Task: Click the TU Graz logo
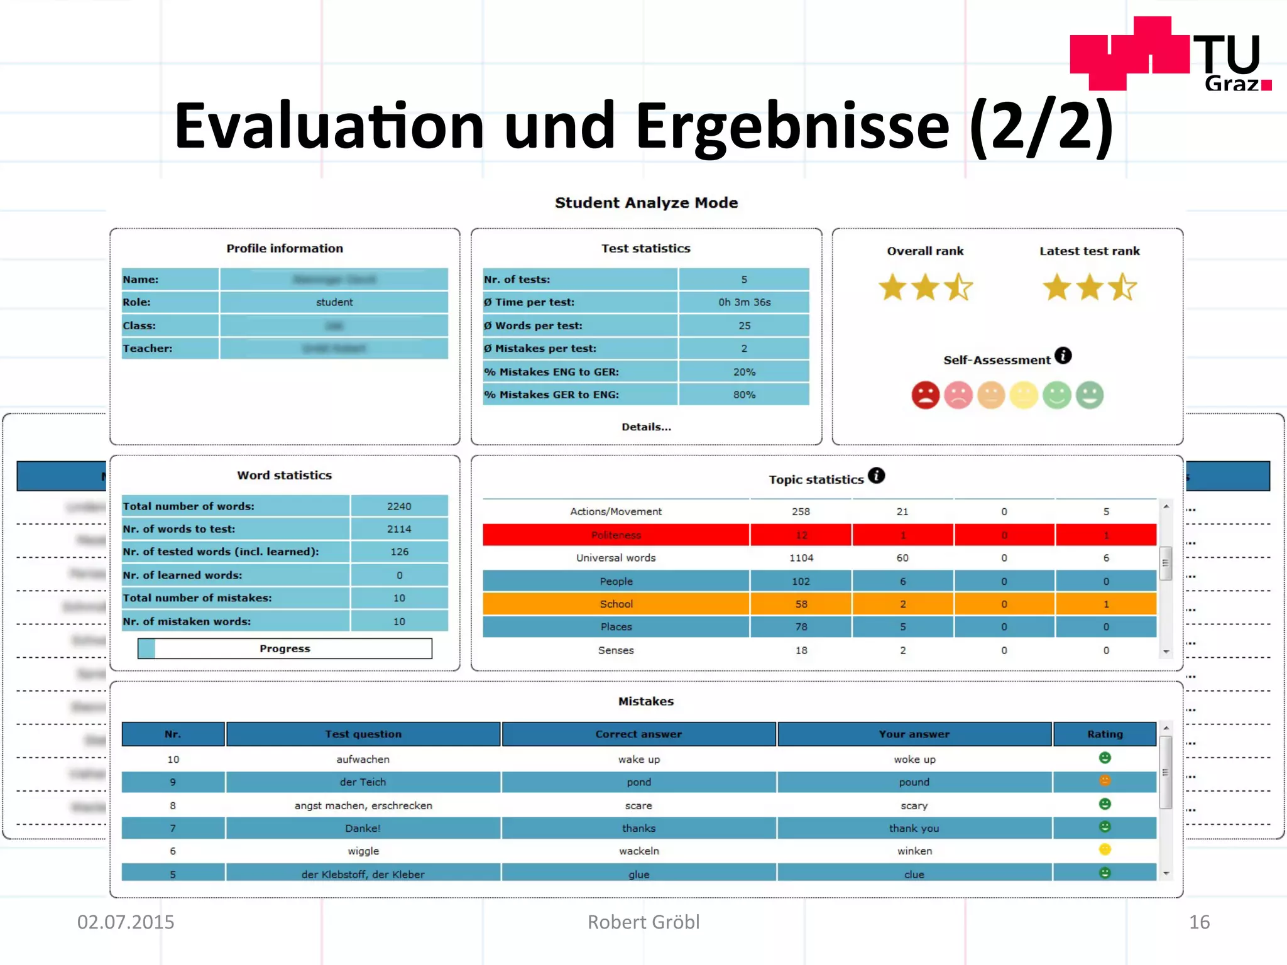point(1170,55)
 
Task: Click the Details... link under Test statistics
point(646,427)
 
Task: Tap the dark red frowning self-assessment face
point(925,395)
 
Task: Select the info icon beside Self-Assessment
point(1063,356)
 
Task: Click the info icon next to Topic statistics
point(876,476)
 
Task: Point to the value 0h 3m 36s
point(744,302)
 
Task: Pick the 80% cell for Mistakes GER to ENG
point(744,395)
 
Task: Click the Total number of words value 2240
point(399,506)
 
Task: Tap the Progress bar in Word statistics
point(285,648)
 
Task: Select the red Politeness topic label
point(616,535)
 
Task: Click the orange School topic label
point(616,604)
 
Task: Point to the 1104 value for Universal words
point(801,558)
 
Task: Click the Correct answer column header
point(638,734)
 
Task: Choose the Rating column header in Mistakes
point(1105,734)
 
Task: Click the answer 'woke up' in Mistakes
point(914,760)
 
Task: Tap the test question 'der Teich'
point(363,782)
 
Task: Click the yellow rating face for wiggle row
point(1105,849)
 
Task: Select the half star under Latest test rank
point(1122,288)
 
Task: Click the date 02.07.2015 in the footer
point(126,922)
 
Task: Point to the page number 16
point(1198,922)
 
